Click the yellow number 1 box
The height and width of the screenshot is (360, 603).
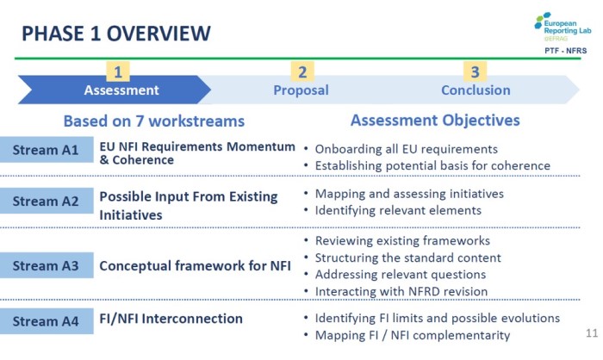coord(118,71)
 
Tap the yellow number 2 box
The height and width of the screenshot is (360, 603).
coord(302,71)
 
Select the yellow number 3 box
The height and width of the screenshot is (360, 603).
coord(475,71)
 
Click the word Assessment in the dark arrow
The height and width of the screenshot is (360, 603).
coord(121,90)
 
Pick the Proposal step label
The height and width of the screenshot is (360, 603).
coord(301,90)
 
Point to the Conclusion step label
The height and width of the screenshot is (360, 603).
coord(476,90)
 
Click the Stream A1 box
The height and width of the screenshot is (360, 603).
coord(47,150)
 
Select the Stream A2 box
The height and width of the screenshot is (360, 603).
coord(47,201)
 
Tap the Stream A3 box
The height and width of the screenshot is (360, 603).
coord(47,265)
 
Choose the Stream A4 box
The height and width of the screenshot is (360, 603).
coord(47,321)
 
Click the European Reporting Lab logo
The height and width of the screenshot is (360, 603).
coord(563,27)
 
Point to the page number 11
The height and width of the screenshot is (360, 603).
coord(592,332)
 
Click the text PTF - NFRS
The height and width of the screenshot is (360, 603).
coord(565,51)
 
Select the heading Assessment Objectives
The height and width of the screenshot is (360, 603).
coord(435,121)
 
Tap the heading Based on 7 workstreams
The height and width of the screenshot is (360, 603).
coord(154,121)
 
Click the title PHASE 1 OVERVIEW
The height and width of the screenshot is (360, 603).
coord(116,33)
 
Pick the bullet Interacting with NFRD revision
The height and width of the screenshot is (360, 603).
coord(401,292)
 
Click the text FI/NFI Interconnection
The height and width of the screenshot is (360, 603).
coord(171,319)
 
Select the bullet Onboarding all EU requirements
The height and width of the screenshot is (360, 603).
coord(406,149)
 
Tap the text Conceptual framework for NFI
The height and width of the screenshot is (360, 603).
coord(195,266)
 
